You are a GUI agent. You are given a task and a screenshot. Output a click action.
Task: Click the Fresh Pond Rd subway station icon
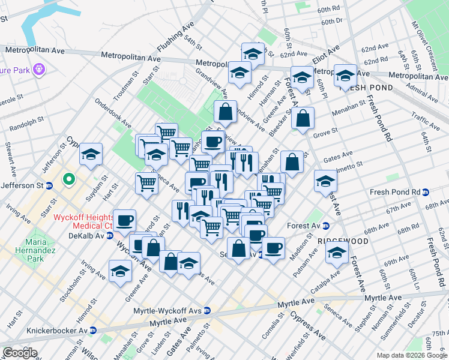click(x=426, y=192)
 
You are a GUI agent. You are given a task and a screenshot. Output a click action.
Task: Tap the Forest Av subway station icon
click(x=326, y=226)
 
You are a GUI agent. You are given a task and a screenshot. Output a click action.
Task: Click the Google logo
click(x=20, y=352)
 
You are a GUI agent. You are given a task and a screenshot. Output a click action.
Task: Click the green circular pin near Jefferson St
click(x=69, y=179)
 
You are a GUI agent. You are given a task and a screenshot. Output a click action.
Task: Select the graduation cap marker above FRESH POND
click(x=345, y=76)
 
